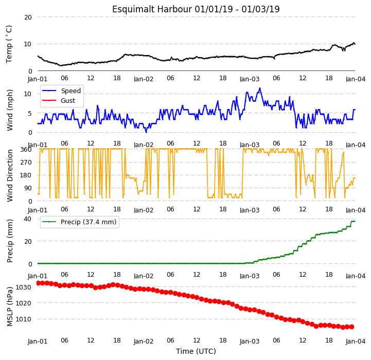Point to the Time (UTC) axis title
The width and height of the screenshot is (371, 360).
196,351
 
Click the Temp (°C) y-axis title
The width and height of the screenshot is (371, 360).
9,44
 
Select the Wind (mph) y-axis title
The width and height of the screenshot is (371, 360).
10,110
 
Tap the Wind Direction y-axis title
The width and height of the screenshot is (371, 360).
10,175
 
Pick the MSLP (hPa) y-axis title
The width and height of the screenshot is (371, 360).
10,307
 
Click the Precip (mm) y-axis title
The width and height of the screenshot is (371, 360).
10,241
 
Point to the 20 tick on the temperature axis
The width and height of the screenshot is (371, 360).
28,17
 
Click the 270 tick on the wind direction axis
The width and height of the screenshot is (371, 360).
26,163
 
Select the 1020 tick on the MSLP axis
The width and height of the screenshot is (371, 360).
24,303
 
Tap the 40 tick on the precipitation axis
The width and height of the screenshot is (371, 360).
27,219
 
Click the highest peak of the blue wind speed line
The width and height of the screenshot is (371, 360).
260,88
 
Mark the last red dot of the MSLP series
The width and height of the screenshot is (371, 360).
351,327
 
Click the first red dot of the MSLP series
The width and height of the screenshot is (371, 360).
38,283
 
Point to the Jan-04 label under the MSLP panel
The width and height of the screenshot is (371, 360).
356,341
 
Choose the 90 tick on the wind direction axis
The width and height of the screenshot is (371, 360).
28,188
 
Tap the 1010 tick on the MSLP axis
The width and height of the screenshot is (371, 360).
24,319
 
